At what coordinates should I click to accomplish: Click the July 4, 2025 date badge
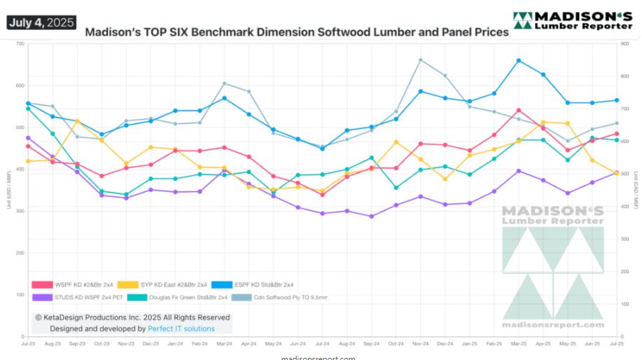point(41,22)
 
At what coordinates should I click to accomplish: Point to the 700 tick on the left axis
point(20,43)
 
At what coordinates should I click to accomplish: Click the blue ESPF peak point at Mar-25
point(519,60)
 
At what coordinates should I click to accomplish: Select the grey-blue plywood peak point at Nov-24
point(421,60)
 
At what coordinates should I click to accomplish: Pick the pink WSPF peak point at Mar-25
point(519,110)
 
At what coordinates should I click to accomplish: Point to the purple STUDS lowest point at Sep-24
point(372,216)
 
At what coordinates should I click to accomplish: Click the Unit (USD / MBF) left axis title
point(9,190)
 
